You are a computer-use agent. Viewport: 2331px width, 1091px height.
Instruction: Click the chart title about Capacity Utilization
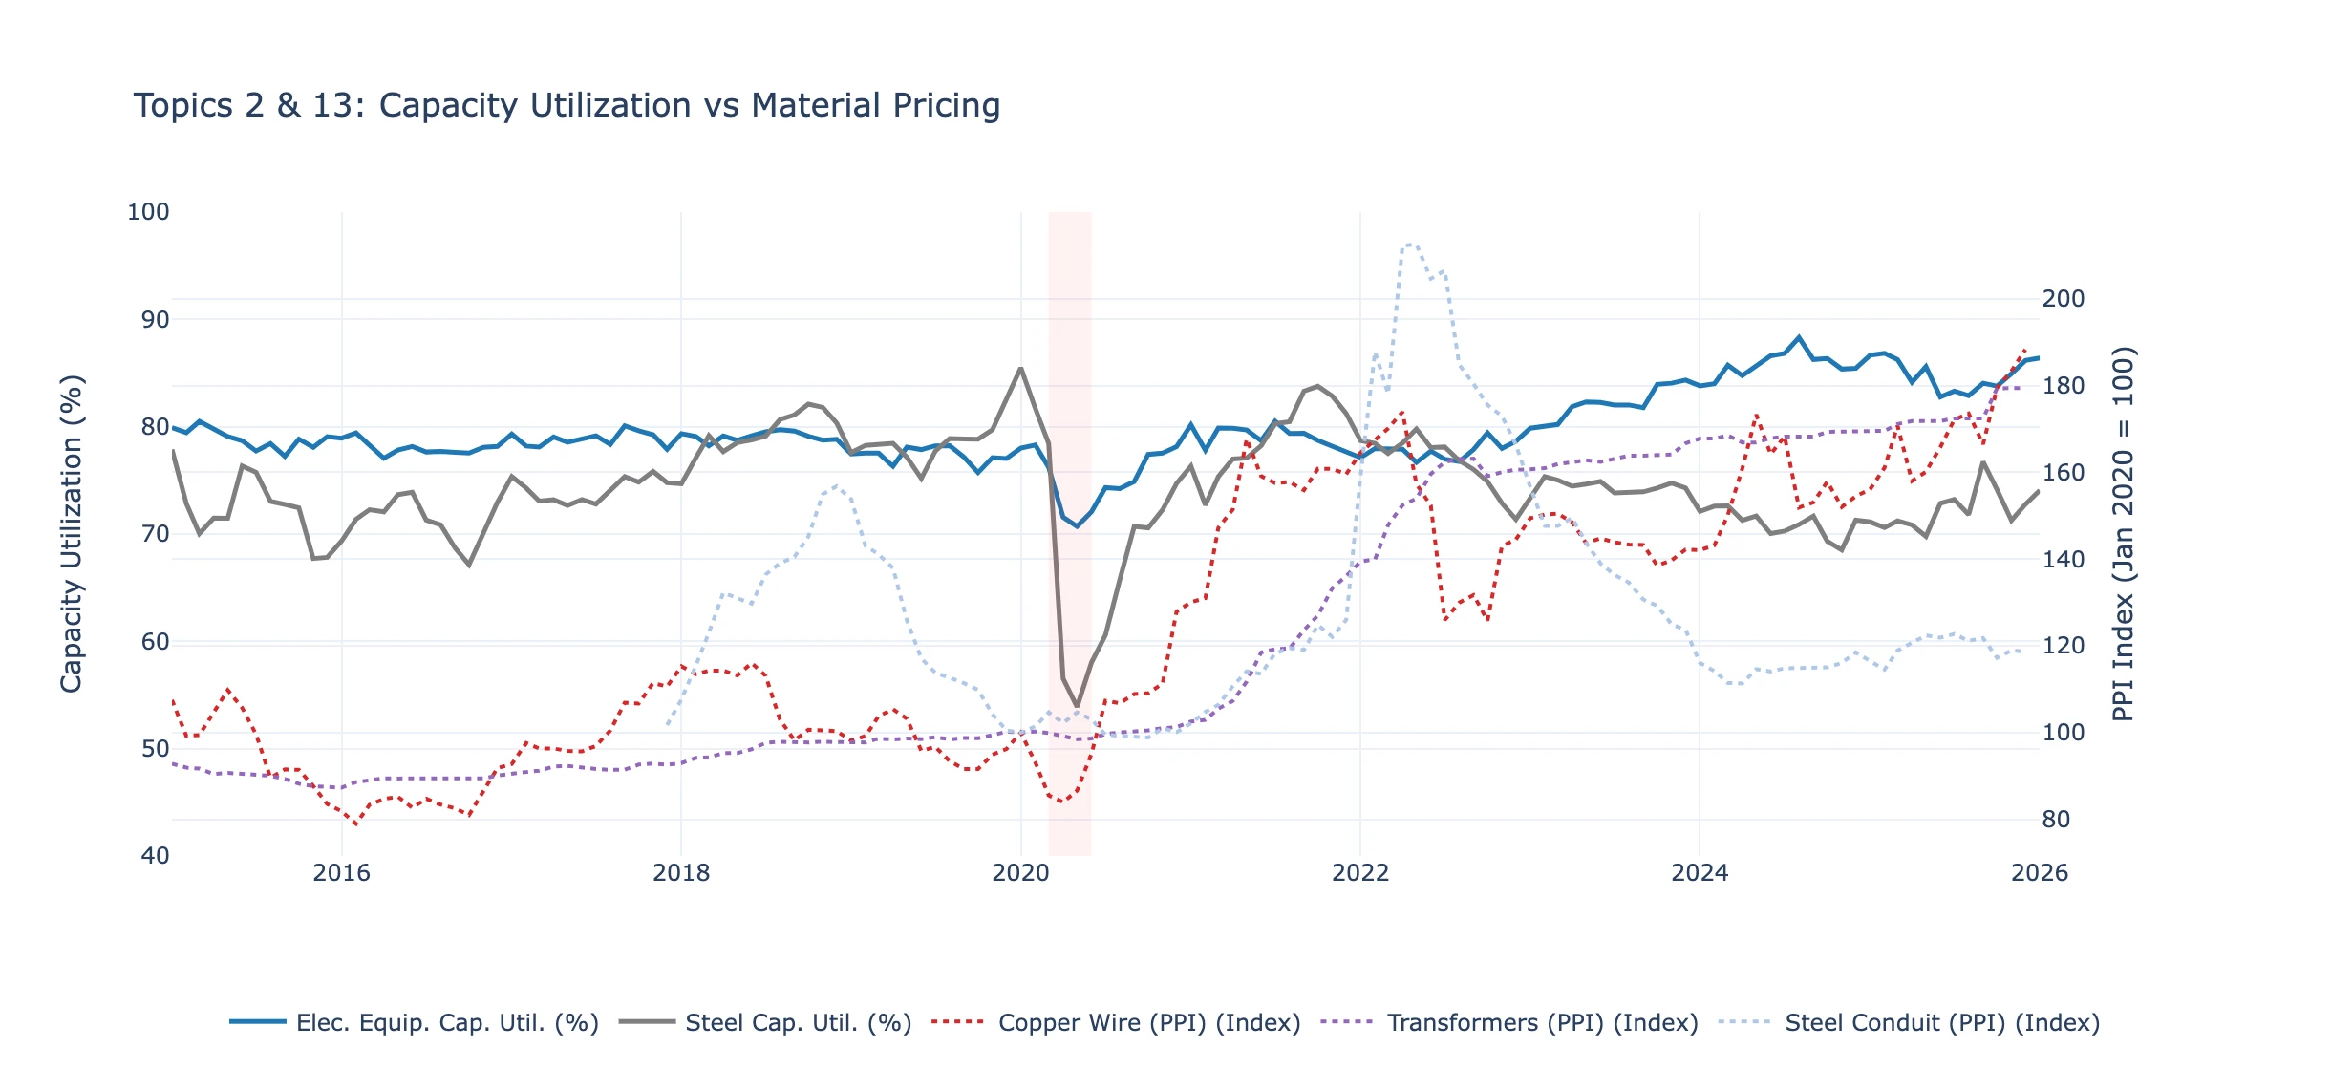pyautogui.click(x=567, y=105)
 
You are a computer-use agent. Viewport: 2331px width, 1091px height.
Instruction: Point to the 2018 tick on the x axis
pyautogui.click(x=681, y=873)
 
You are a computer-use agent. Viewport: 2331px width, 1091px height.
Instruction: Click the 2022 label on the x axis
pyautogui.click(x=1360, y=873)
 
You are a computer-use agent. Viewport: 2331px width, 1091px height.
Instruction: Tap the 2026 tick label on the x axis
pyautogui.click(x=2039, y=873)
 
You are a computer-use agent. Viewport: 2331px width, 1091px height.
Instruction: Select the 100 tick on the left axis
pyautogui.click(x=148, y=212)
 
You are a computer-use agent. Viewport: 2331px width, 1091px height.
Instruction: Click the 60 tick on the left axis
pyautogui.click(x=155, y=642)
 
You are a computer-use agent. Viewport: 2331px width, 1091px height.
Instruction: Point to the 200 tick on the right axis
pyautogui.click(x=2064, y=299)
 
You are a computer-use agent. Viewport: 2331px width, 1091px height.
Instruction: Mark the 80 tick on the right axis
pyautogui.click(x=2057, y=820)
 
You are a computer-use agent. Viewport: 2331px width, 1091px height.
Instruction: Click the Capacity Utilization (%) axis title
pyautogui.click(x=72, y=533)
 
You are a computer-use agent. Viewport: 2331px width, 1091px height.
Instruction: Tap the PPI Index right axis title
pyautogui.click(x=2123, y=533)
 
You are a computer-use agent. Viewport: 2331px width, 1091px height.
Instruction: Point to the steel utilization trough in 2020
pyautogui.click(x=1077, y=706)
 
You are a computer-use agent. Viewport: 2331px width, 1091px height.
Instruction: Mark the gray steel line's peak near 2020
pyautogui.click(x=1020, y=368)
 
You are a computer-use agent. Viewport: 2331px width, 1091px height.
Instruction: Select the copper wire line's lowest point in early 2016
pyautogui.click(x=356, y=824)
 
